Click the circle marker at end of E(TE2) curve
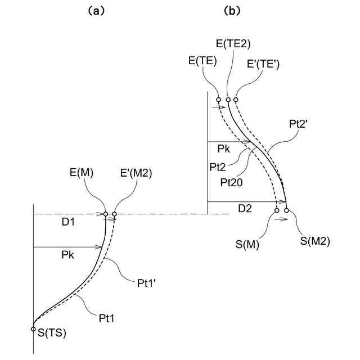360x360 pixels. pyautogui.click(x=228, y=100)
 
